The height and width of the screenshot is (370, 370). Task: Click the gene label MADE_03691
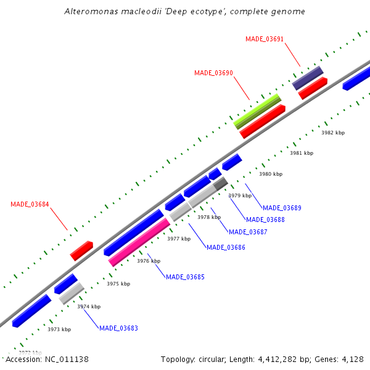tap(265, 39)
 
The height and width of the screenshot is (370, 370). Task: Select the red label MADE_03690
tap(213, 73)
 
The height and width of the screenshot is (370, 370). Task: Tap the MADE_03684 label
tap(30, 204)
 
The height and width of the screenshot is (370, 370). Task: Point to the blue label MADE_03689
tap(282, 208)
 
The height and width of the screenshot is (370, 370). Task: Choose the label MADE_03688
tap(265, 220)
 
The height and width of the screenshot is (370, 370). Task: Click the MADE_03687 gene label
tap(248, 232)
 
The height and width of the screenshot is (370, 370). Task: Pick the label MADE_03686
tap(226, 247)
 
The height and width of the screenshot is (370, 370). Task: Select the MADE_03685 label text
tap(185, 277)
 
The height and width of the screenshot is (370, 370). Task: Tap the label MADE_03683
tap(118, 328)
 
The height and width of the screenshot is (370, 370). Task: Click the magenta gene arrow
tap(139, 242)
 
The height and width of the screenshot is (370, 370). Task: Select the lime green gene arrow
tap(257, 111)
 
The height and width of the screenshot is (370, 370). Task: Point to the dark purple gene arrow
tap(308, 78)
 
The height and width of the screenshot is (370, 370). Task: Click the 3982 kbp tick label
tap(333, 133)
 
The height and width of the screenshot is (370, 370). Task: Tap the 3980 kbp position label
tap(270, 175)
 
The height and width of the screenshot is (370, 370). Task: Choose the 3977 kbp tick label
tap(179, 239)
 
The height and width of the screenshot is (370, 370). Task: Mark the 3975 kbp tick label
tap(118, 284)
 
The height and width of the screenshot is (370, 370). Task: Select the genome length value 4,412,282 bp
tap(289, 359)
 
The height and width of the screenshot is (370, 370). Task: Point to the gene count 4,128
tap(351, 359)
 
